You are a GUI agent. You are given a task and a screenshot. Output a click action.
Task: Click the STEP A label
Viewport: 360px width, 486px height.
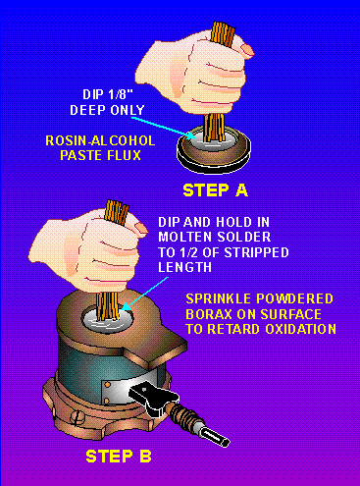pyautogui.click(x=215, y=190)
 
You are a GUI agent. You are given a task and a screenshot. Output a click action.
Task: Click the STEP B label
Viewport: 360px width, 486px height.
pyautogui.click(x=119, y=457)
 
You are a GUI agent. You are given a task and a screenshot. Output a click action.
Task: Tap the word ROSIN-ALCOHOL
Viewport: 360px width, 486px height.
pyautogui.click(x=100, y=140)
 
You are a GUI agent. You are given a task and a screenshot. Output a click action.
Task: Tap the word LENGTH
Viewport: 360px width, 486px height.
pyautogui.click(x=184, y=267)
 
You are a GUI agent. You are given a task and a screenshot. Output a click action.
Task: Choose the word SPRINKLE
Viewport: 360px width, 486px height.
pyautogui.click(x=218, y=298)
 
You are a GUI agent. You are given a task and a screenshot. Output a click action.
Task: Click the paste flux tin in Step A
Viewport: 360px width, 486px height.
pyautogui.click(x=214, y=150)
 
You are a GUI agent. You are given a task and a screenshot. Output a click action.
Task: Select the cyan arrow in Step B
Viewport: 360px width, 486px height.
pyautogui.click(x=146, y=294)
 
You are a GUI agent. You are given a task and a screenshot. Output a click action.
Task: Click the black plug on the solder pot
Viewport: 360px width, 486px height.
pyautogui.click(x=154, y=400)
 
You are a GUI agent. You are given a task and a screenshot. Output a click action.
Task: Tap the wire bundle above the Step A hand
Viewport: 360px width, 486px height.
pyautogui.click(x=224, y=32)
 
